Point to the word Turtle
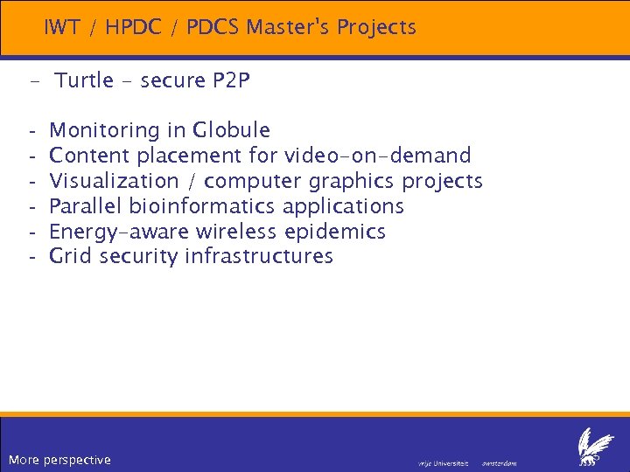[84, 81]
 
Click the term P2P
[232, 81]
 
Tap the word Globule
[232, 131]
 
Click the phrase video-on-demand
[377, 156]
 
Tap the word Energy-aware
[120, 232]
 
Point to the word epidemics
[335, 232]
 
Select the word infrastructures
[259, 256]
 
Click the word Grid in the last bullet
[72, 256]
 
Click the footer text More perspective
[59, 460]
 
